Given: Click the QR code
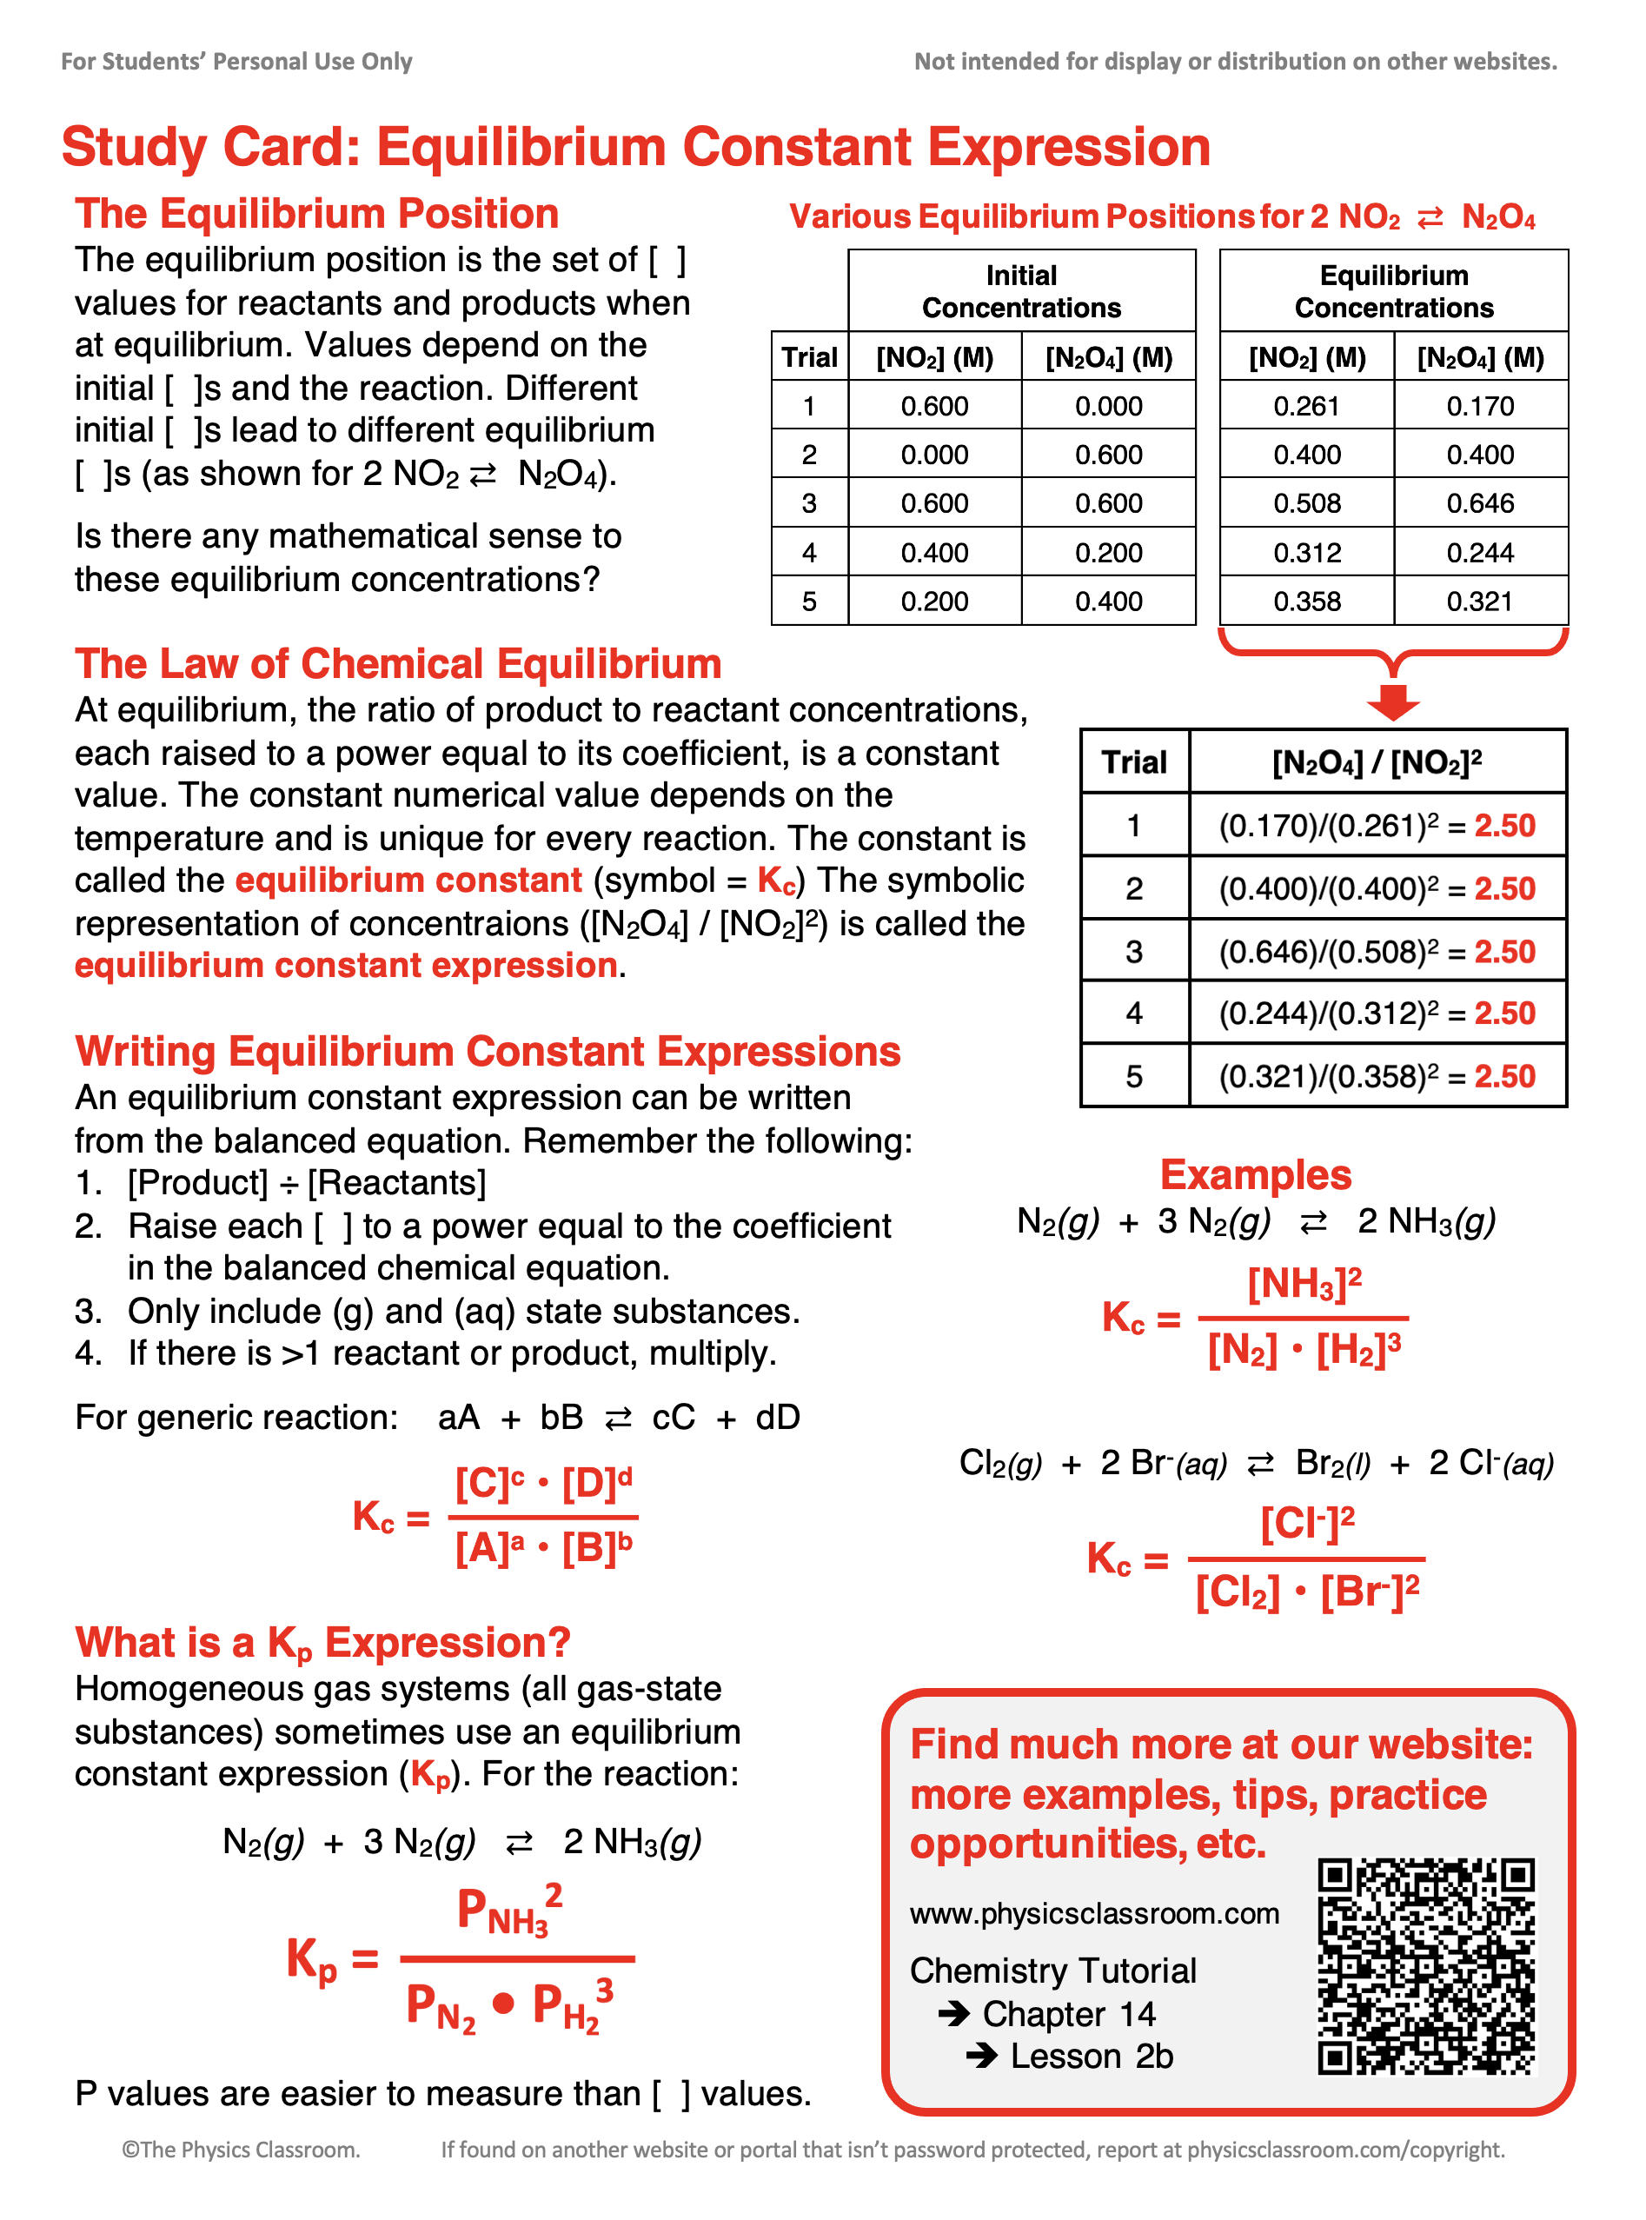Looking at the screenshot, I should click(x=1426, y=1965).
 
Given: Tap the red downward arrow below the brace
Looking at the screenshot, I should click(x=1393, y=701).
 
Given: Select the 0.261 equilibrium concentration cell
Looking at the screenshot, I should click(x=1306, y=407).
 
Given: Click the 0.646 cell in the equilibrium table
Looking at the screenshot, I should click(x=1480, y=503).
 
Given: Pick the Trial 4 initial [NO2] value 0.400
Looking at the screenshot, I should click(x=933, y=553).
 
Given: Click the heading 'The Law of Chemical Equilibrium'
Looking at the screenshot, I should click(x=397, y=663).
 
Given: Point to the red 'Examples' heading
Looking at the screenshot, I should click(x=1256, y=1175).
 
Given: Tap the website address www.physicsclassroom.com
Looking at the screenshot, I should click(x=1094, y=1913).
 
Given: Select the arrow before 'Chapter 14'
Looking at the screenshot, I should click(x=953, y=2014).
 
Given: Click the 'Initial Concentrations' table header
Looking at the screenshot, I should click(x=1021, y=291).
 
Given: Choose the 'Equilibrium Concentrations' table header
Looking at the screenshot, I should click(x=1393, y=291).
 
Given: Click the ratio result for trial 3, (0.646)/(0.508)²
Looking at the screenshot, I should click(x=1377, y=952).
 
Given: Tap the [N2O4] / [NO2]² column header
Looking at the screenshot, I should click(x=1377, y=762).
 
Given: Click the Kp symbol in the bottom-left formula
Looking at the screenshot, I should click(x=312, y=1960).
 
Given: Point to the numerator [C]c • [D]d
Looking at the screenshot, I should click(x=543, y=1485).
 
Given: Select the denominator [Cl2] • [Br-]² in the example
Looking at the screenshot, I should click(x=1306, y=1592).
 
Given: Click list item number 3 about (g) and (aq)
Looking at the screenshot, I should click(x=438, y=1312).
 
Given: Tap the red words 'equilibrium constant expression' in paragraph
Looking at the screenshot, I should click(x=346, y=966).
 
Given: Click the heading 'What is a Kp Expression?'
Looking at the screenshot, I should click(x=322, y=1643).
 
